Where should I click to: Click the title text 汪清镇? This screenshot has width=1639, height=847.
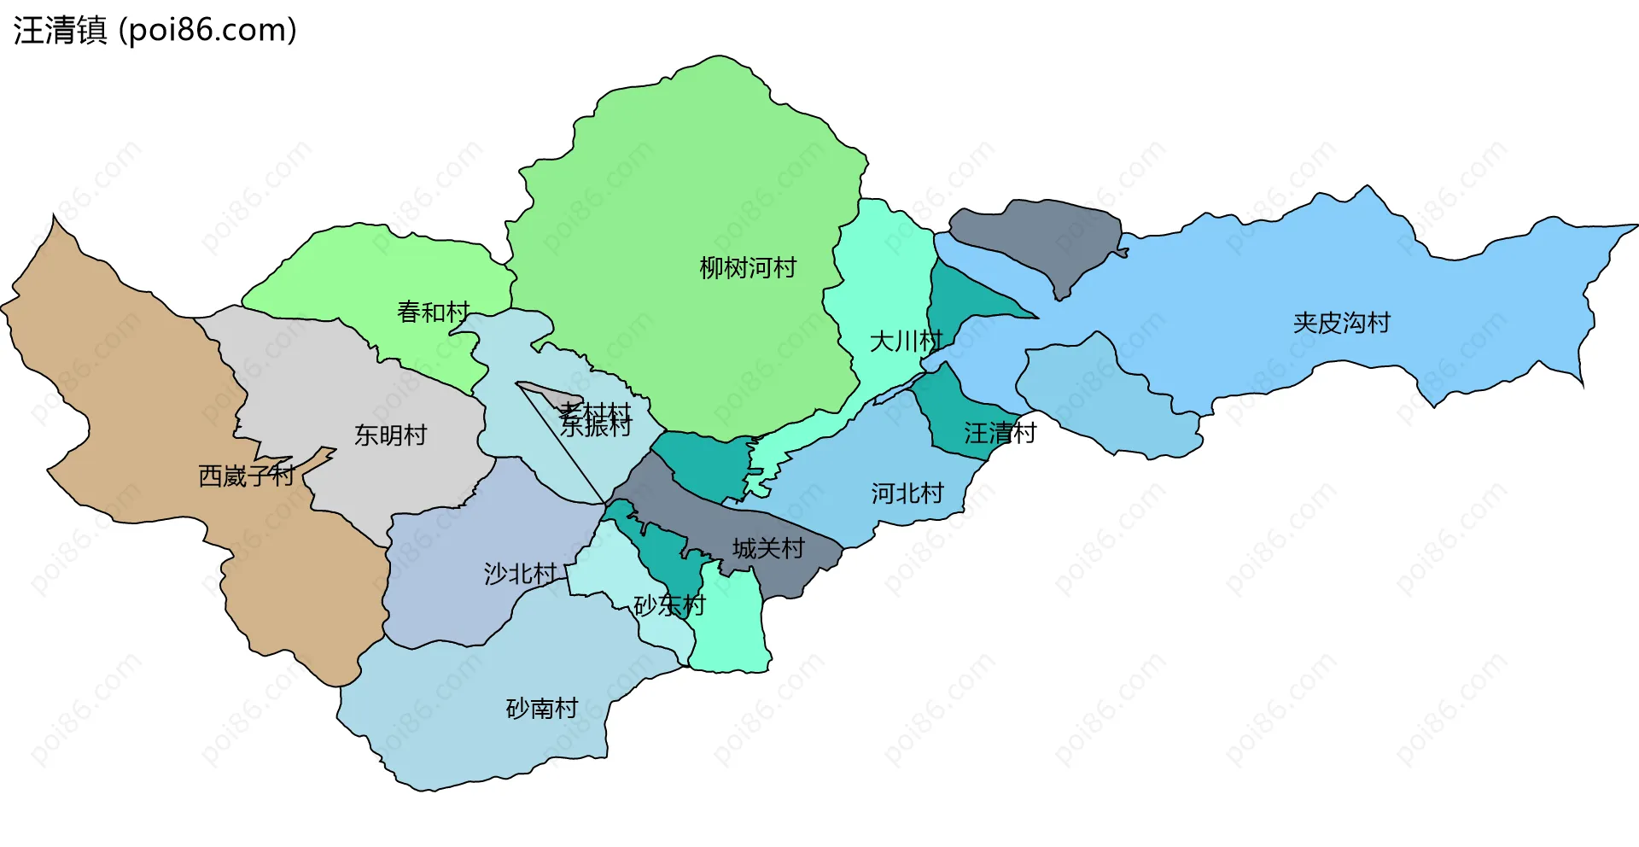click(60, 31)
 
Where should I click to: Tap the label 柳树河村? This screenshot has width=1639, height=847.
click(748, 268)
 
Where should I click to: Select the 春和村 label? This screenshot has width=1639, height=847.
click(433, 312)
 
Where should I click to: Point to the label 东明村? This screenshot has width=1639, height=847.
click(390, 435)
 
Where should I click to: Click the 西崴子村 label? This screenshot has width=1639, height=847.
click(246, 476)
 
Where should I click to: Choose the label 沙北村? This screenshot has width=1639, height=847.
click(520, 574)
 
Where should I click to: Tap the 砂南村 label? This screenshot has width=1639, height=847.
click(542, 709)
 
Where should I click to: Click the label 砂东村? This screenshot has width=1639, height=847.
click(669, 605)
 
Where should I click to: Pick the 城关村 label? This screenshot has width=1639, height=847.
click(768, 548)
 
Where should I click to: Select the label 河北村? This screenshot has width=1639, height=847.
click(907, 494)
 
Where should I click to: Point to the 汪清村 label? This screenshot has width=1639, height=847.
click(1000, 433)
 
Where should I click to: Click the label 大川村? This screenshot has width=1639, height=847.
click(906, 342)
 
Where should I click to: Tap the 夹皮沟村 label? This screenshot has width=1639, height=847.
click(1341, 323)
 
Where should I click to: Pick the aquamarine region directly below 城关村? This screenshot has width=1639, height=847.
click(730, 623)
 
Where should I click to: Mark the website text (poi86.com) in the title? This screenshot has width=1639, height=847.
click(207, 31)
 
